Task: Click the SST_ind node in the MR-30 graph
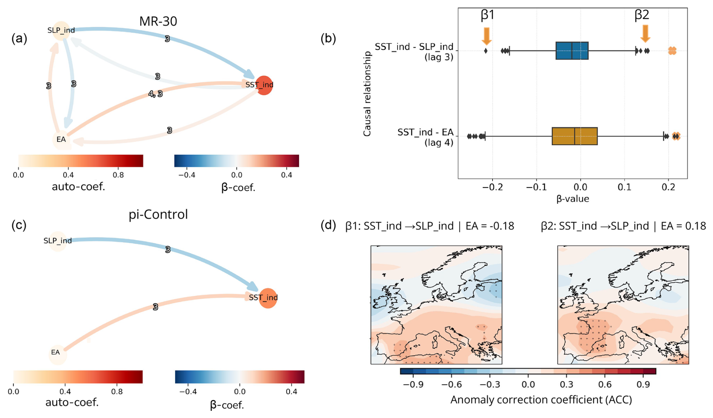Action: point(264,85)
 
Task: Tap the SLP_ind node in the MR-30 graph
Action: point(61,31)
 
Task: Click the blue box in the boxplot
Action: point(572,51)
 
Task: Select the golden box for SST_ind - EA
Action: point(574,136)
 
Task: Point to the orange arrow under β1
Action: point(486,36)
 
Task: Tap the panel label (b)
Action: point(328,38)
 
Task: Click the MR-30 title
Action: point(158,21)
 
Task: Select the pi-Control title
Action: point(158,214)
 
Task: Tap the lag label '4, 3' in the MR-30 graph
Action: point(156,94)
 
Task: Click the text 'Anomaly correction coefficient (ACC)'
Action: point(541,400)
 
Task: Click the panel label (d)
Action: point(328,226)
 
